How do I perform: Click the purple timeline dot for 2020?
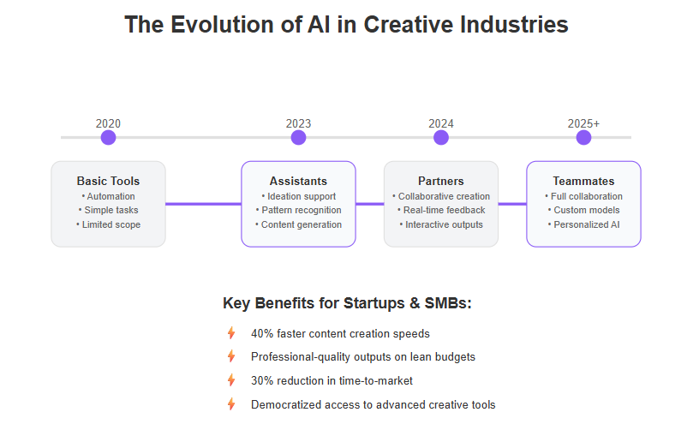(108, 138)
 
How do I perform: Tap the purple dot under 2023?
(298, 138)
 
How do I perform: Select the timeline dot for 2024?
(441, 138)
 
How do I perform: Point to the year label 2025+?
(583, 123)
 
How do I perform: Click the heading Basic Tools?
(108, 181)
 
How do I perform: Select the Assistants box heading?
(298, 181)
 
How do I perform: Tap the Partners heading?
(441, 181)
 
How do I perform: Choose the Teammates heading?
(583, 181)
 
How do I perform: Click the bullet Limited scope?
(108, 224)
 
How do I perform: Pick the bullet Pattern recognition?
(298, 210)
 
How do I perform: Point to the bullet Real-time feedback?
(441, 210)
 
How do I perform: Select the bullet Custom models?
(583, 210)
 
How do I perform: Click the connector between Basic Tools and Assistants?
(203, 204)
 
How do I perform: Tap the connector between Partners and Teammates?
(512, 204)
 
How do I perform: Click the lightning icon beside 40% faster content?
(231, 333)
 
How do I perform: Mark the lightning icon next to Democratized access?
(231, 404)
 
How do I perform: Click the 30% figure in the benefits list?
(261, 380)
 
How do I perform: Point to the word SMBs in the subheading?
(447, 303)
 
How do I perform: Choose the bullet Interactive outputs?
(441, 224)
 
